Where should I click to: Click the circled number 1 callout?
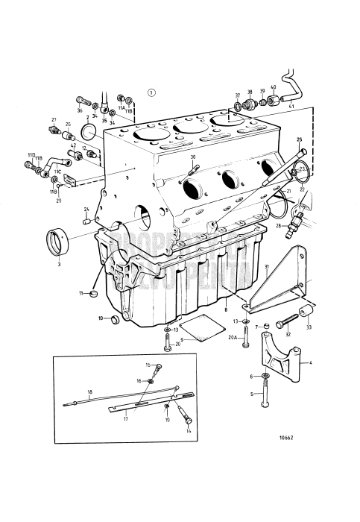[152, 93]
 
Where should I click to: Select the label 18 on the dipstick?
[89, 392]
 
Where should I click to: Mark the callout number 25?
[300, 139]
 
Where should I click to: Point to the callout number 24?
[86, 209]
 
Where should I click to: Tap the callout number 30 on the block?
[192, 157]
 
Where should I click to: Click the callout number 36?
[80, 110]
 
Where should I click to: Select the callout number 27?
[54, 120]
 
